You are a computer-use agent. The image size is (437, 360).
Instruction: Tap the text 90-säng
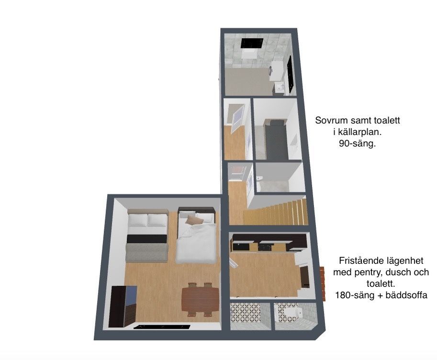coord(357,144)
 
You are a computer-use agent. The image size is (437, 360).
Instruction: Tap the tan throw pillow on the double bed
coord(194,220)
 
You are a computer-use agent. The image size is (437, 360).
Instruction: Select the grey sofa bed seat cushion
coord(146,252)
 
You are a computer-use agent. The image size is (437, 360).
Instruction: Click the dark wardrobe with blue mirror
coord(123,306)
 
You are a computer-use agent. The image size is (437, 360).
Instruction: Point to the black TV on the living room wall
coord(162,327)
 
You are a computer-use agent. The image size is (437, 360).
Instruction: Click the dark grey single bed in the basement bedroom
coord(276,139)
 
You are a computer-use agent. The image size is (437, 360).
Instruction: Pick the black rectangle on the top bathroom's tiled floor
coord(252,43)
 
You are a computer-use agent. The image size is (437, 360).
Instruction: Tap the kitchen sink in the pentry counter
coord(266,247)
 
